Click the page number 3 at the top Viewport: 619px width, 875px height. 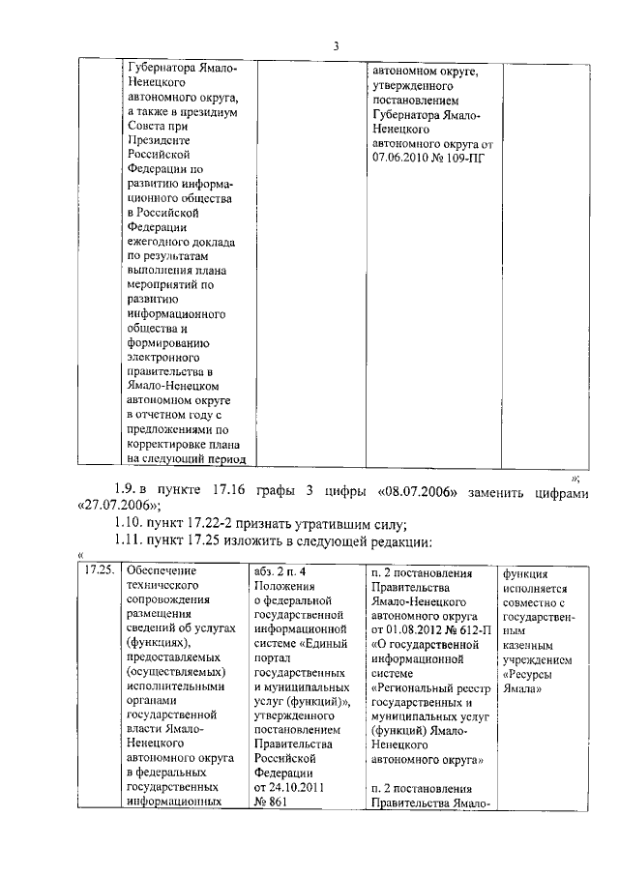pyautogui.click(x=336, y=45)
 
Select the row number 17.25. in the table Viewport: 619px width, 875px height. pyautogui.click(x=100, y=571)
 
